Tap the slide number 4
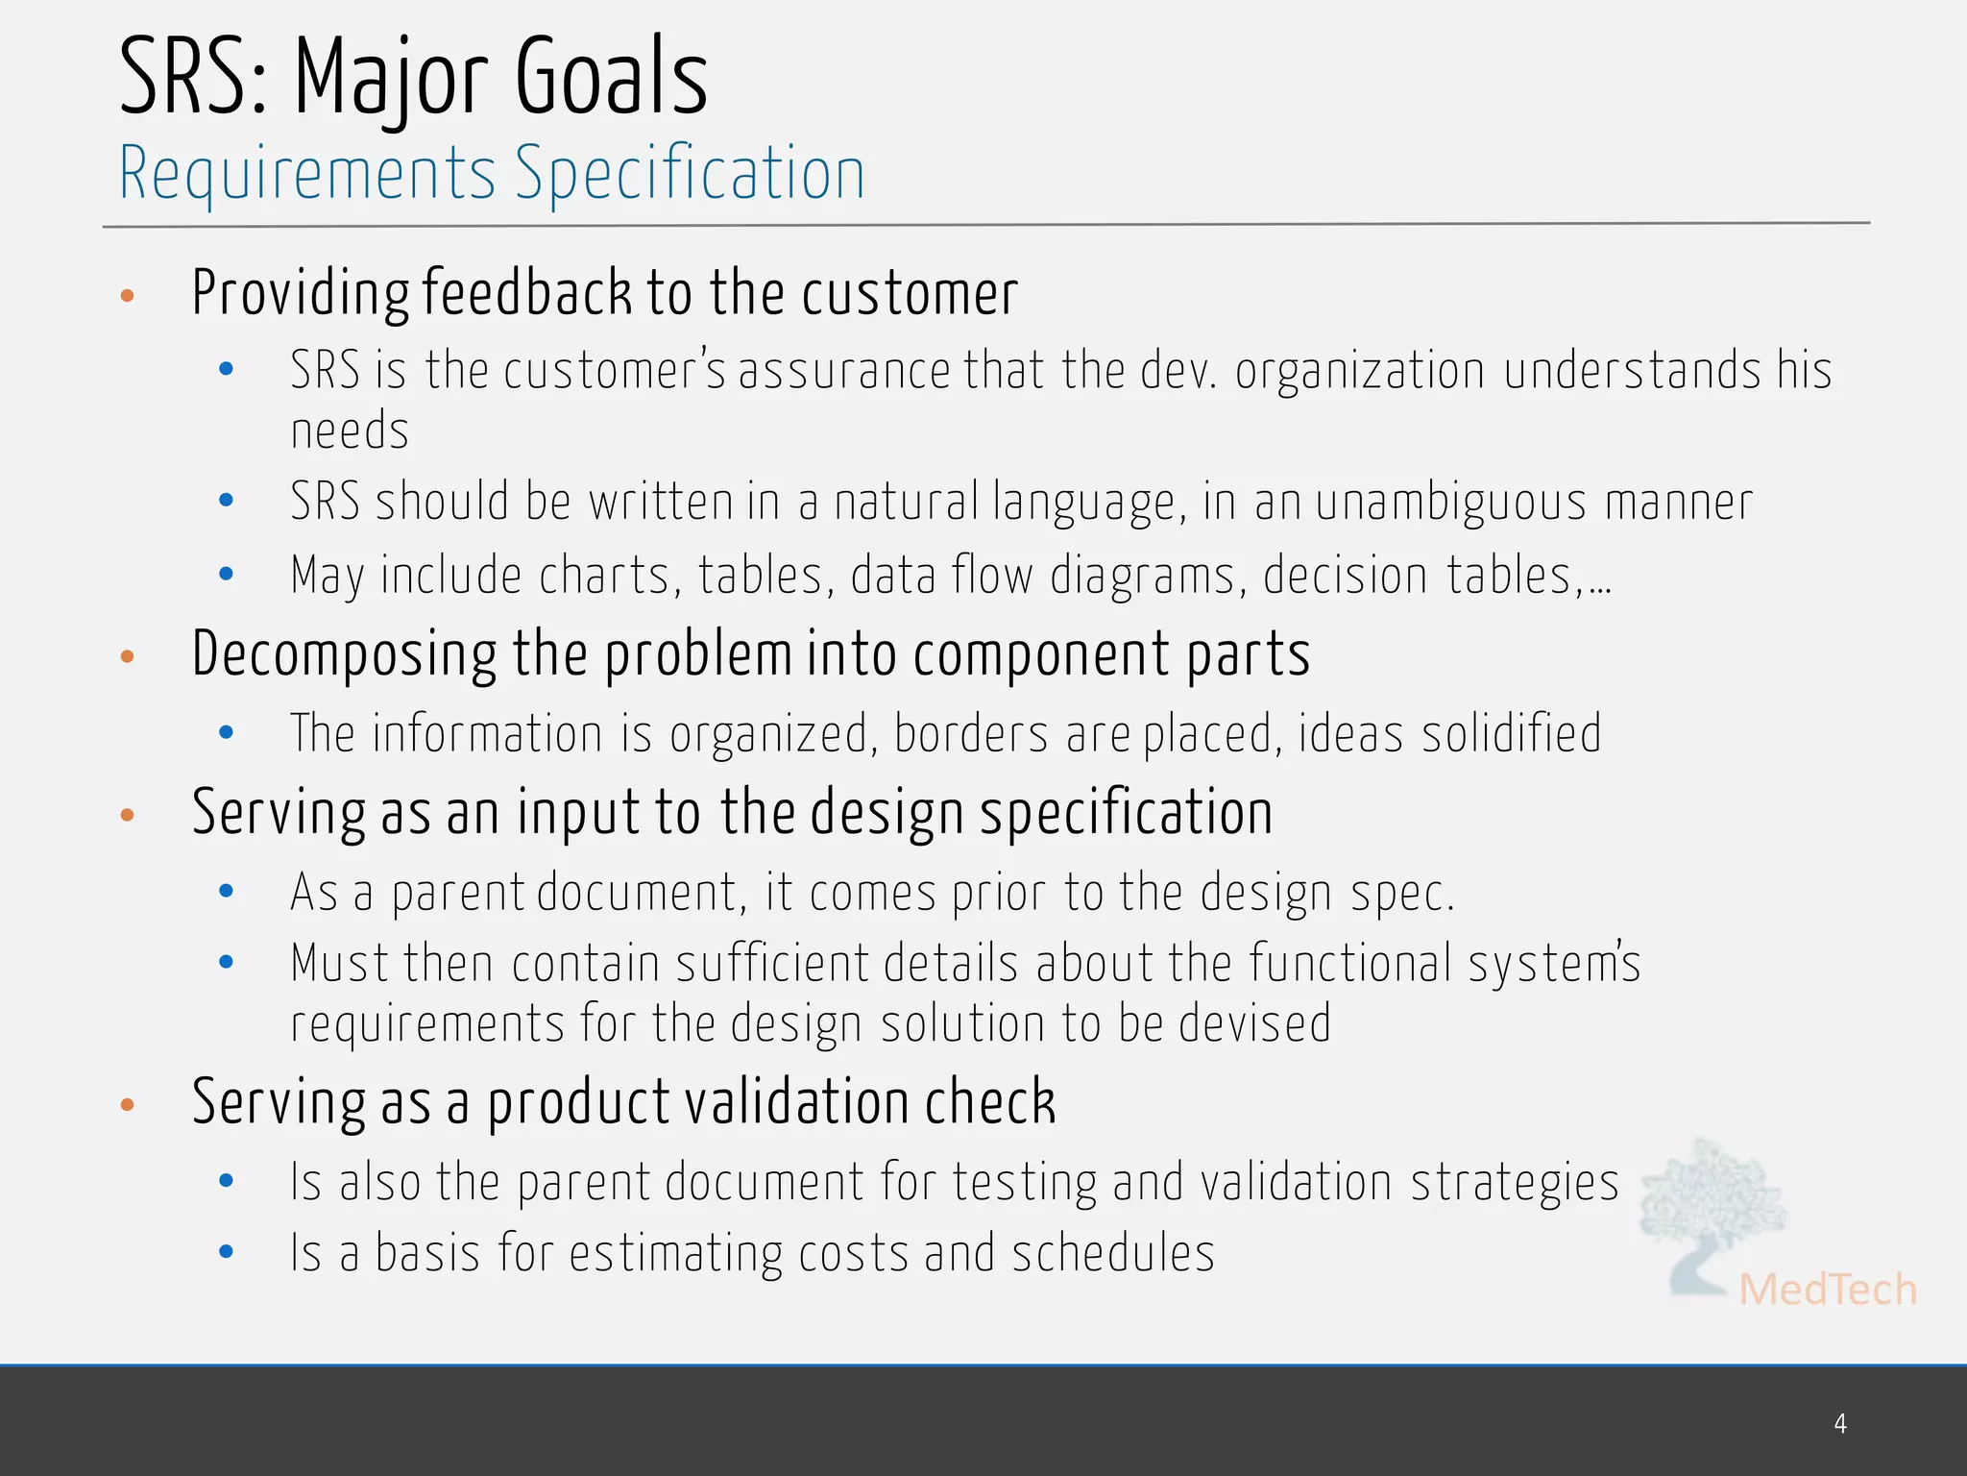(x=1839, y=1423)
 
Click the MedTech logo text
(x=1827, y=1290)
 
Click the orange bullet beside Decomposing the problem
(x=127, y=657)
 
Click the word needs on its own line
(x=350, y=430)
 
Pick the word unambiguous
(x=1450, y=503)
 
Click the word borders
(x=970, y=734)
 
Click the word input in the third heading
(x=578, y=813)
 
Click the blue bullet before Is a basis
(x=227, y=1251)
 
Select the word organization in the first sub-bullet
(x=1360, y=371)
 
